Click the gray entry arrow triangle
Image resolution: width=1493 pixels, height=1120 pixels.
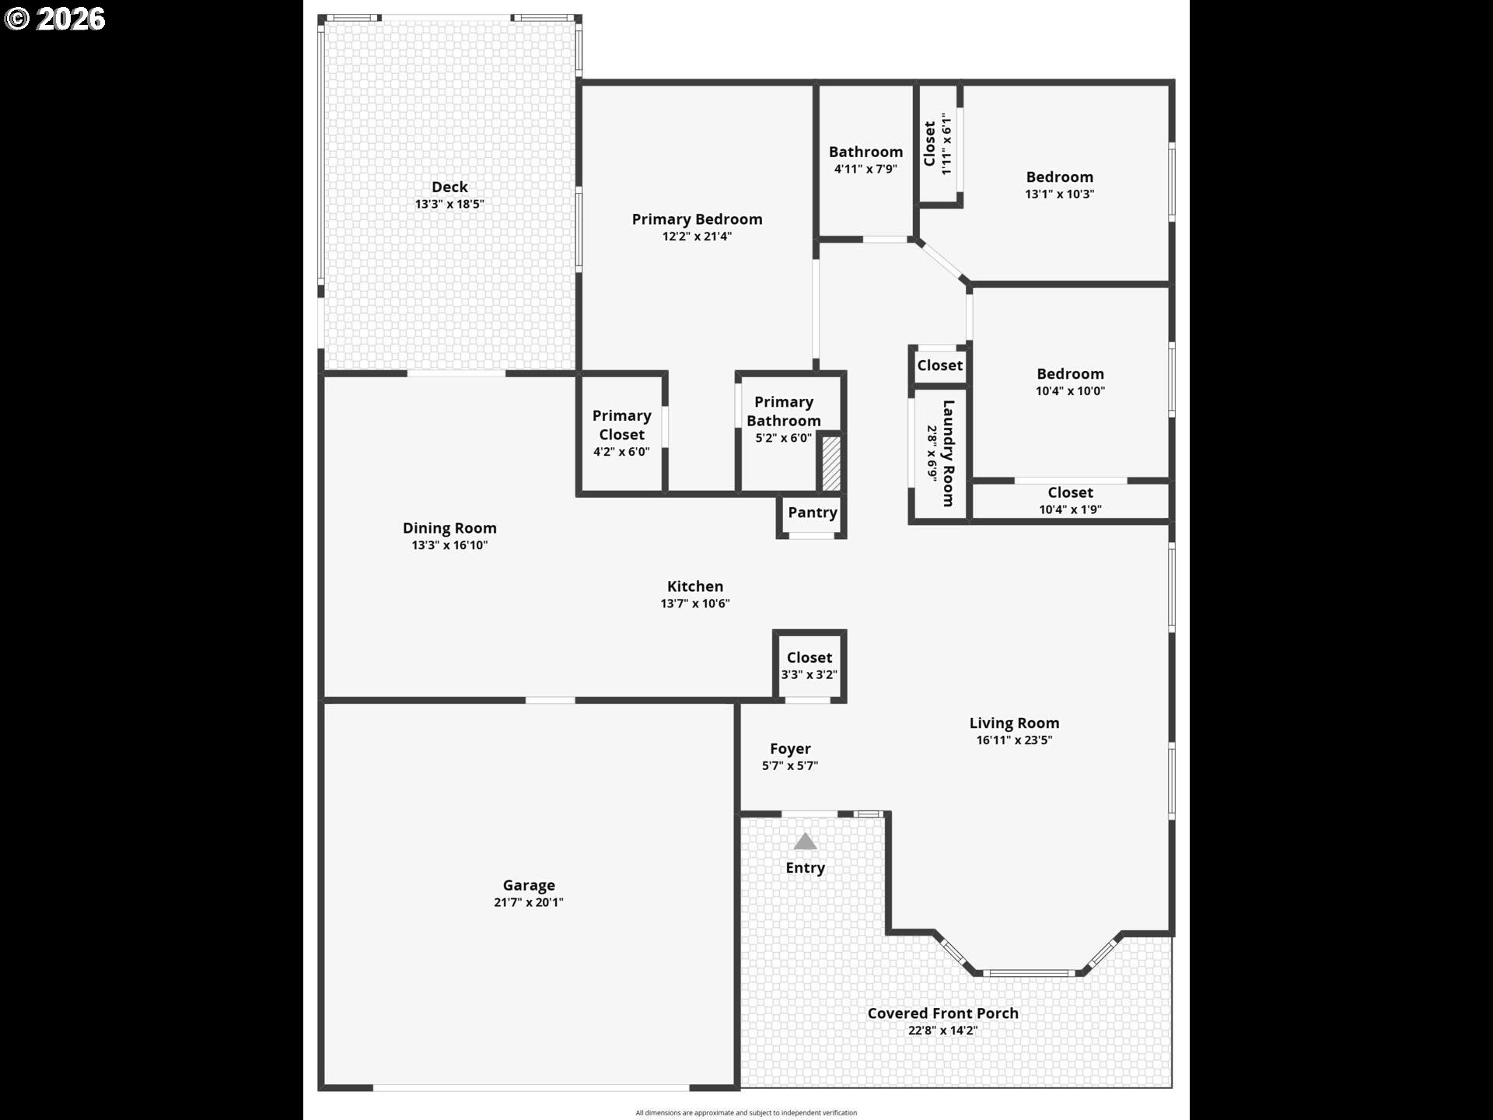coord(805,842)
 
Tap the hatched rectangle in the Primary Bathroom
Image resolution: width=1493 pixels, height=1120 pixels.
coord(830,464)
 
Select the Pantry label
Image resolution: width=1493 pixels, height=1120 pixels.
coord(812,513)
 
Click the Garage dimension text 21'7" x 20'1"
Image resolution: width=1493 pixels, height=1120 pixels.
coord(528,902)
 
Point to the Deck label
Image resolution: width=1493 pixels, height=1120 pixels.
coord(449,187)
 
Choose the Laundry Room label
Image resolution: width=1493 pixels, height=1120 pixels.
coord(948,453)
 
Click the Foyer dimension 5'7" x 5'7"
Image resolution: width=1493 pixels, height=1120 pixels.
coord(789,766)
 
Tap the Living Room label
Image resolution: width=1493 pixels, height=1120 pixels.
coord(1013,723)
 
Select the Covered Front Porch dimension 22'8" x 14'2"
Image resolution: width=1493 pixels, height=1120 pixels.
coord(942,1031)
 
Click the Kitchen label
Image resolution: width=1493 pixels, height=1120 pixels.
coord(694,586)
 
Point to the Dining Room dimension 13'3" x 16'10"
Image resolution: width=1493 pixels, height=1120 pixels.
coord(449,545)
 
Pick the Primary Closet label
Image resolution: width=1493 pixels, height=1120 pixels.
coord(621,425)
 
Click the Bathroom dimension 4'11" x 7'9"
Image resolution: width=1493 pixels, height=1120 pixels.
coord(865,169)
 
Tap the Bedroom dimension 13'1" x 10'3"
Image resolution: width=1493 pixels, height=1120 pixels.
coord(1059,194)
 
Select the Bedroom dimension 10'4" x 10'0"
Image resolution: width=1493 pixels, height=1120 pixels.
coord(1069,391)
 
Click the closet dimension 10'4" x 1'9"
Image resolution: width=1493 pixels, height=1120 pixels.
coord(1070,509)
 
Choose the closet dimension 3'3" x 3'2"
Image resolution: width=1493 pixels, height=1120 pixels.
coord(809,674)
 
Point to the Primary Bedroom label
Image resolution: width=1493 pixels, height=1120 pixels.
coord(697,219)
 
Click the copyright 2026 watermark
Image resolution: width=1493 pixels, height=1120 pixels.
coord(55,19)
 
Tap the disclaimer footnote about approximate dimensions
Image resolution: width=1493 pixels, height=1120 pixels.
coord(746,1113)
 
